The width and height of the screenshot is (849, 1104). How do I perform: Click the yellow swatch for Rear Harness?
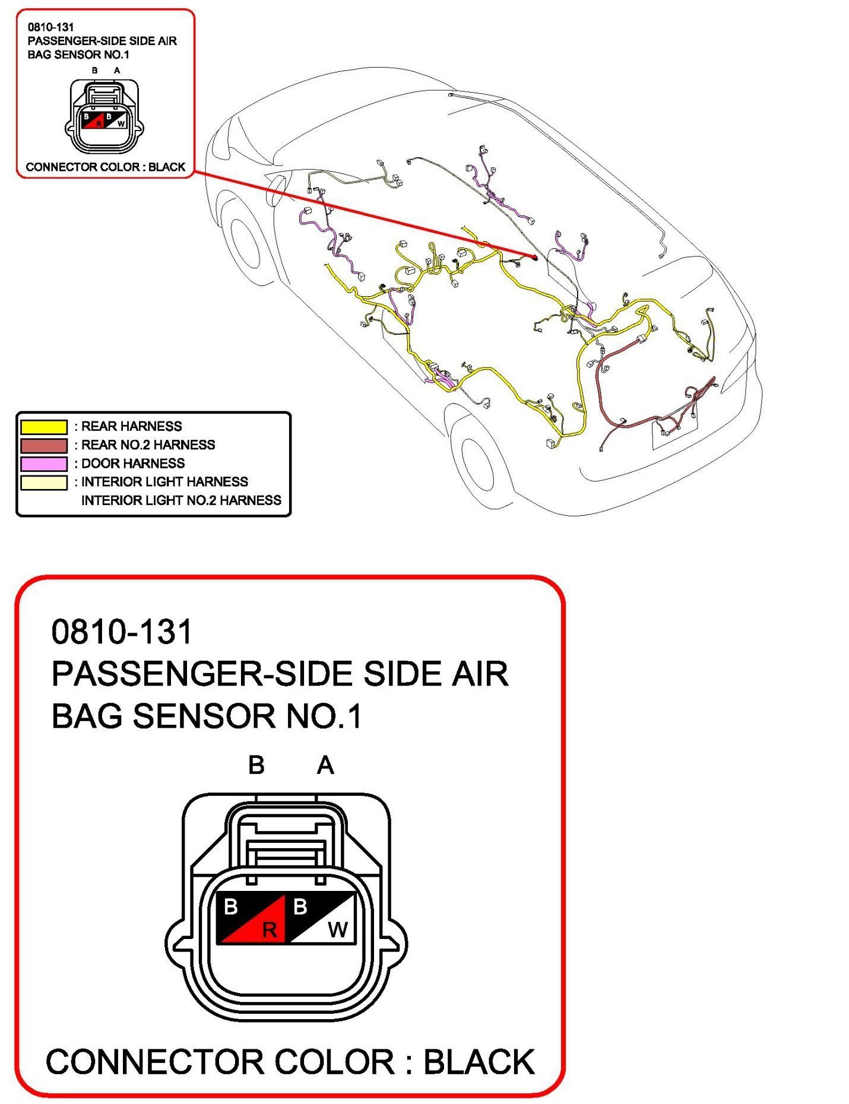[x=44, y=427]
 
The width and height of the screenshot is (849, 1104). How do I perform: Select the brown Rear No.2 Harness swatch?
[x=44, y=445]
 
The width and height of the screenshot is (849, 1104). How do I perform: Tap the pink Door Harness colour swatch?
[x=44, y=464]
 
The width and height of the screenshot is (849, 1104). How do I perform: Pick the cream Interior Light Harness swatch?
[x=44, y=482]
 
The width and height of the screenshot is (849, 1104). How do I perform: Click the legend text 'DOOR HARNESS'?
[x=133, y=464]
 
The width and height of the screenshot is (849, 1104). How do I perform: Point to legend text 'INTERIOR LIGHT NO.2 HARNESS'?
[x=181, y=500]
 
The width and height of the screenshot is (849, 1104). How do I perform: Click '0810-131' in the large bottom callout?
[x=122, y=632]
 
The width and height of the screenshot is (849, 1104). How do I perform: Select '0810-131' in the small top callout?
[x=50, y=27]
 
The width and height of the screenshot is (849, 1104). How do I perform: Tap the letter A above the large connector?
[x=325, y=766]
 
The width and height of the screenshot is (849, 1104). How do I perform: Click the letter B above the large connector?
[x=256, y=766]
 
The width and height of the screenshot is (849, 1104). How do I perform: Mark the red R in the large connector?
[x=270, y=929]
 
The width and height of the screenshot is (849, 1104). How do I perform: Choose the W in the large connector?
[x=338, y=929]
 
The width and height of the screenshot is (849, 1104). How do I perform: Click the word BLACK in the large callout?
[x=479, y=1062]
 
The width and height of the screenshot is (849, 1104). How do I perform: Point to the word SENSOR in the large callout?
[x=204, y=716]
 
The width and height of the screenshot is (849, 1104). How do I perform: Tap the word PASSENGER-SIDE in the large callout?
[x=202, y=674]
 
